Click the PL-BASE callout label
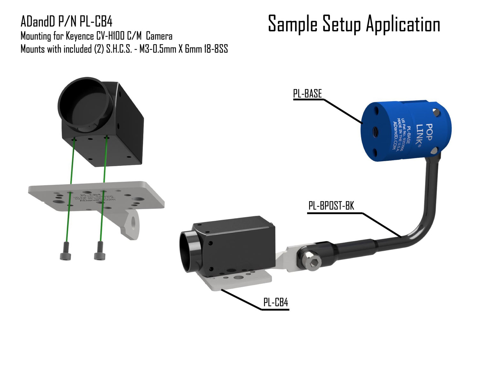[x=308, y=94]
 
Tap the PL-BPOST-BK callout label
[x=331, y=206]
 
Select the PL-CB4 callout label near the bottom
[x=276, y=302]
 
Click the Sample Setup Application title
[x=354, y=24]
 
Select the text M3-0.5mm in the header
[x=157, y=49]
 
